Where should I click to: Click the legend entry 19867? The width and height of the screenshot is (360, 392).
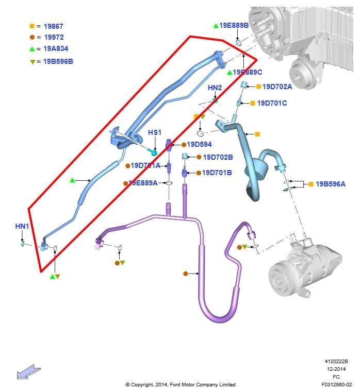point(53,26)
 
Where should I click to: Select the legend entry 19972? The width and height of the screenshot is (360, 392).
point(53,37)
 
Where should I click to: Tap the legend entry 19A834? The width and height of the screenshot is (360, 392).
point(56,49)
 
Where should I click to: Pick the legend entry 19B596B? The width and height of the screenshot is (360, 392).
point(58,61)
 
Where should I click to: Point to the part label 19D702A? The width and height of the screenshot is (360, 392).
point(277,87)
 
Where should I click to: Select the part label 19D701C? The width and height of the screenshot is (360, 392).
point(272,103)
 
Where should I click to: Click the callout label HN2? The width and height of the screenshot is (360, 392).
point(215,88)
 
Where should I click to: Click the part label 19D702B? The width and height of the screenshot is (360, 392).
point(218,157)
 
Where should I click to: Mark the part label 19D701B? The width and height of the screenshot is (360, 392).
point(217,173)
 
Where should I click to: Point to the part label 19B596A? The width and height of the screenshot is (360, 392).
point(331,184)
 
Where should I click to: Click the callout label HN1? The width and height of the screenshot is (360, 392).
point(22,226)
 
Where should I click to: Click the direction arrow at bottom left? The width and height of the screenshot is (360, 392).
point(28,371)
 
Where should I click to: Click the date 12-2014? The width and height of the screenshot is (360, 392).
point(338,369)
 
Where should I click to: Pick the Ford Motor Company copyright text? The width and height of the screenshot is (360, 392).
point(181,385)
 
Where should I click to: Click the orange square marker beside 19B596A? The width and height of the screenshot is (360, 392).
point(311,184)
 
